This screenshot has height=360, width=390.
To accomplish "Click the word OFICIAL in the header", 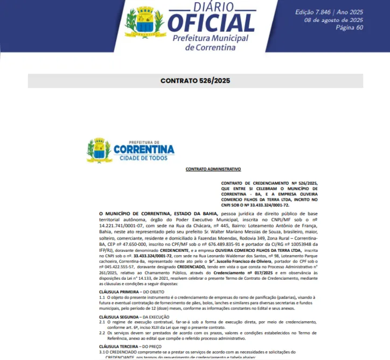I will pyautogui.click(x=211, y=23).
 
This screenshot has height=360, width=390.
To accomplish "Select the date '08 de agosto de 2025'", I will pyautogui.click(x=333, y=20).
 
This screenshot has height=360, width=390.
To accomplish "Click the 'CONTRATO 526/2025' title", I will pyautogui.click(x=195, y=81).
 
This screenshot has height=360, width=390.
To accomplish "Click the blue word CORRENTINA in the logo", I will pyautogui.click(x=144, y=149).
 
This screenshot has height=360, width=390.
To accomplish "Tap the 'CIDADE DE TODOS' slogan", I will pyautogui.click(x=143, y=158).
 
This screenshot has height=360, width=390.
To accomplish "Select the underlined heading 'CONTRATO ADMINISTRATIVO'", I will pyautogui.click(x=208, y=169).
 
